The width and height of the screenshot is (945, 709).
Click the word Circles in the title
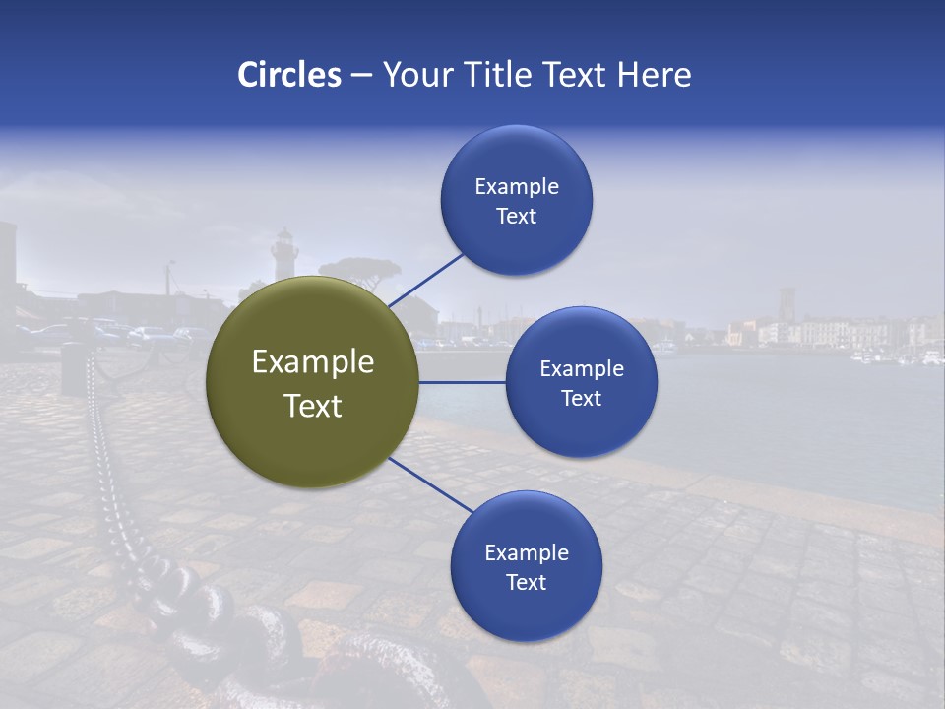coord(289,75)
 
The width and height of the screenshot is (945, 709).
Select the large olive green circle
coord(312,382)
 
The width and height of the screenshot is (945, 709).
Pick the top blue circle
coord(516,200)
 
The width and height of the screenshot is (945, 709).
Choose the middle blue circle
coord(581,382)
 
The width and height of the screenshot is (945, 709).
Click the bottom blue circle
coord(526,566)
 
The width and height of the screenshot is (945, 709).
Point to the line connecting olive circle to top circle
coord(425,280)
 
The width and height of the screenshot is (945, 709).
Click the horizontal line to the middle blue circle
coord(462,382)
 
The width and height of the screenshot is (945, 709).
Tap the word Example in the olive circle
coord(312,362)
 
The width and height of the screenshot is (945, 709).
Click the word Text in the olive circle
coord(312,406)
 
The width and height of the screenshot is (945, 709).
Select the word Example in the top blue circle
coord(516,187)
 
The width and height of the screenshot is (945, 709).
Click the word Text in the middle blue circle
coord(581,399)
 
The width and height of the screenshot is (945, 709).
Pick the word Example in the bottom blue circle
coord(526,553)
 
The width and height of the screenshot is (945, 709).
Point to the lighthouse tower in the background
coord(284,254)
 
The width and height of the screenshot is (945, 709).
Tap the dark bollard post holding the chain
coord(74,368)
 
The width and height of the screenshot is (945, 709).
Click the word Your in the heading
coord(413,75)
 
